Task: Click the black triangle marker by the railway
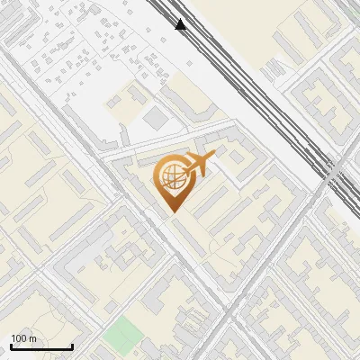[x=181, y=24]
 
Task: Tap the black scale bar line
[x=41, y=346]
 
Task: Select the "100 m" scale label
[x=24, y=338]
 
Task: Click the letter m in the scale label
[x=33, y=339]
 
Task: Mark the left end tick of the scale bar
[x=11, y=345]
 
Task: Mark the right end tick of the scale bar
[x=72, y=345]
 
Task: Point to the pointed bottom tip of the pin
[x=172, y=211]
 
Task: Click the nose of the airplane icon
[x=213, y=157]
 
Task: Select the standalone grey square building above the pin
[x=156, y=119]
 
